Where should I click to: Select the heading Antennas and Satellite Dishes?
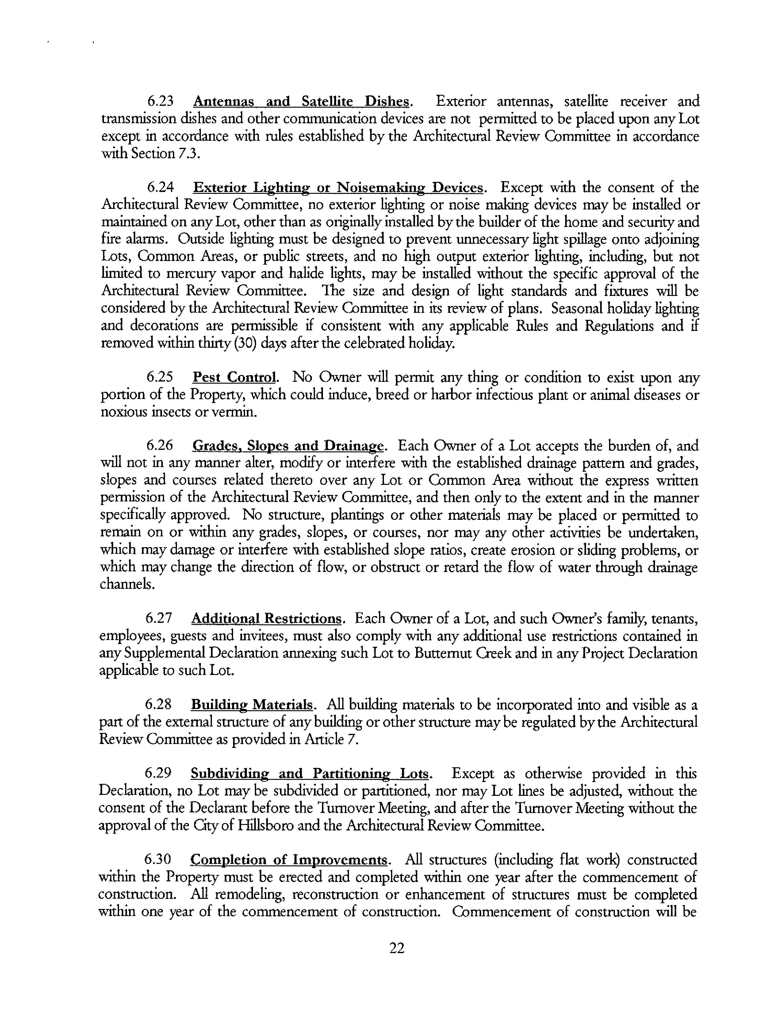pyautogui.click(x=301, y=102)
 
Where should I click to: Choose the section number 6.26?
pyautogui.click(x=159, y=446)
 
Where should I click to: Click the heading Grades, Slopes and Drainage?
pyautogui.click(x=288, y=446)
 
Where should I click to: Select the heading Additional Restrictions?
pyautogui.click(x=266, y=619)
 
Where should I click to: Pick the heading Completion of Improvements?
pyautogui.click(x=289, y=860)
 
